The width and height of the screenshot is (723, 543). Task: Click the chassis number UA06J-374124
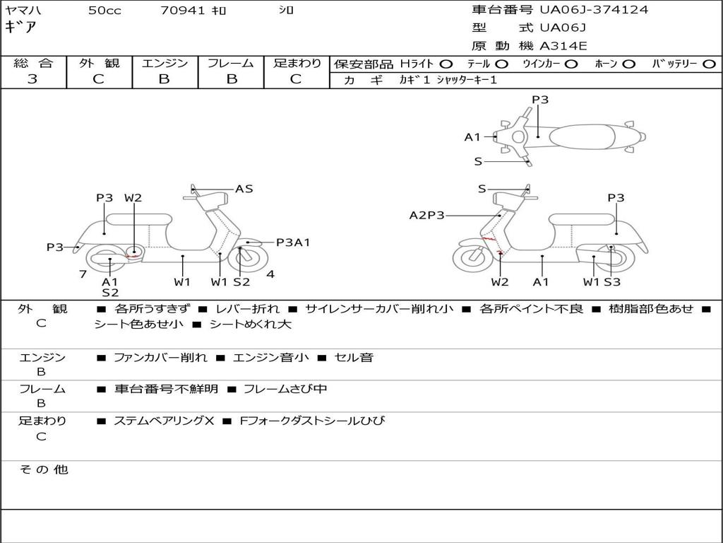tap(593, 10)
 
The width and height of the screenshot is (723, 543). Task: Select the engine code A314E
tap(563, 46)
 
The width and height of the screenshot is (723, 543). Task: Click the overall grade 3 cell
tap(32, 79)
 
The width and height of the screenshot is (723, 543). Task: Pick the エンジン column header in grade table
tap(165, 64)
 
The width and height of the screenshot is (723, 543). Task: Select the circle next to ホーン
tap(629, 64)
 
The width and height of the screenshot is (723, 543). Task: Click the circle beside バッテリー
tap(709, 64)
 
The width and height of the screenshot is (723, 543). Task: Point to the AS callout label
tap(244, 189)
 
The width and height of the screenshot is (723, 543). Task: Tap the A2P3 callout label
tap(426, 215)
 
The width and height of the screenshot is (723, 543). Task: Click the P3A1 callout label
tap(293, 243)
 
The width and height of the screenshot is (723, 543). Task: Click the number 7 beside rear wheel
tap(83, 274)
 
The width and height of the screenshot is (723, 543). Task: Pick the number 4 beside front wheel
tap(270, 274)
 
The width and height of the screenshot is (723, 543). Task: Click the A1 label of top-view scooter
tap(472, 137)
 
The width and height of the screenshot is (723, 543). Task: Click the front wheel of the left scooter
tap(244, 258)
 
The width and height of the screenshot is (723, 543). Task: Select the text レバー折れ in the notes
tap(247, 309)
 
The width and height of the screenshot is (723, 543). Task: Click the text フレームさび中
tap(285, 389)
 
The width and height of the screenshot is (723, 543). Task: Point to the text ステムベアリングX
tap(163, 421)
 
